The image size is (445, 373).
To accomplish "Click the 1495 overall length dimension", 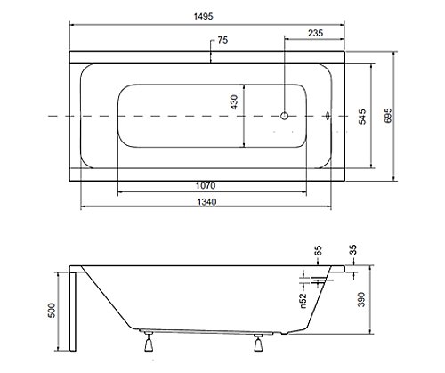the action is coord(204,16).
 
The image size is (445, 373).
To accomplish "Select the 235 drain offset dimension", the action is coord(315,33).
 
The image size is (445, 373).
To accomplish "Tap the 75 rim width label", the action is coord(222,40).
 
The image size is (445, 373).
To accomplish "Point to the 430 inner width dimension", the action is coord(234,102).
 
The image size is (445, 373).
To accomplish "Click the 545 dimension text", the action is coord(362,117).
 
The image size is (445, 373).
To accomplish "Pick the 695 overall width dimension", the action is coord(388,116).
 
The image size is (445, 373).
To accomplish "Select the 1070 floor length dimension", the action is coord(206,186).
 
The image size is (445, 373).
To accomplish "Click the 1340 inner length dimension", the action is coord(206,202).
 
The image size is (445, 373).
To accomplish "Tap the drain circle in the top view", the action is coord(285,116).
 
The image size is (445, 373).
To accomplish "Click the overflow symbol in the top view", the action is coord(328,116).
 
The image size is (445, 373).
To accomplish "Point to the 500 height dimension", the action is coord(52,311).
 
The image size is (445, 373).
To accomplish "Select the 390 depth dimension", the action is coord(361,299).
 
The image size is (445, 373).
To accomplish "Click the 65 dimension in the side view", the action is coord(318,250).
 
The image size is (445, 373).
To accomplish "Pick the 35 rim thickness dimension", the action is coord(353,250).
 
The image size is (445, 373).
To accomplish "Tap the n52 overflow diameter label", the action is coord(303,301).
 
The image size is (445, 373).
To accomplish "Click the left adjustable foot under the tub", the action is coord(149,342).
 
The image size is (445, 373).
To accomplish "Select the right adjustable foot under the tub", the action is coord(258,343).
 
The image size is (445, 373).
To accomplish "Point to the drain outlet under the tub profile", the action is coord(284,334).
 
